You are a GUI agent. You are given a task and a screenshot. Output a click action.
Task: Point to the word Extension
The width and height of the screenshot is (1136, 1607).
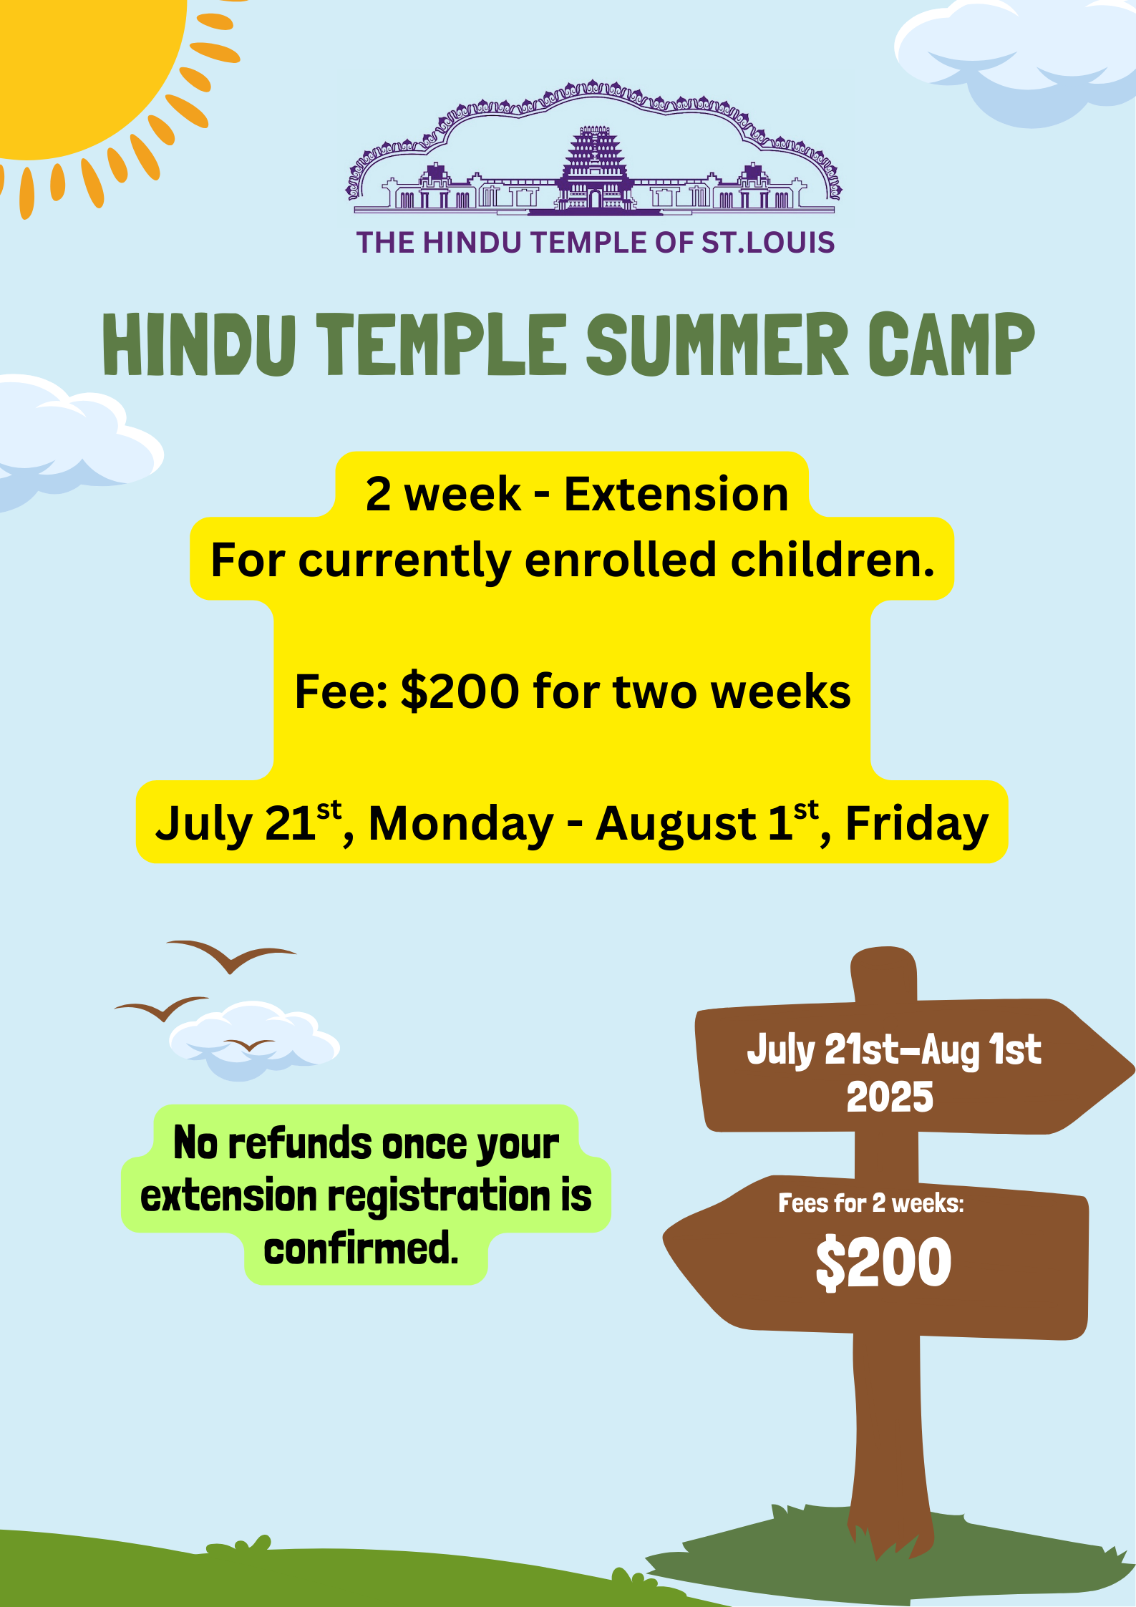(x=676, y=494)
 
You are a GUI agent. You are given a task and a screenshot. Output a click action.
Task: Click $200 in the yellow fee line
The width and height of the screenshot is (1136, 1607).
(x=460, y=691)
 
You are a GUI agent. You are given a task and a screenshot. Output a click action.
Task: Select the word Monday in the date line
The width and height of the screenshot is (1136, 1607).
(x=461, y=824)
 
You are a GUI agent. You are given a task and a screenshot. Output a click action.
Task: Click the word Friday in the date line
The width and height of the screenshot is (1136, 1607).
(x=917, y=824)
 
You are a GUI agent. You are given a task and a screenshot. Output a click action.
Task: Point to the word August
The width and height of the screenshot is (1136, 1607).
(x=676, y=824)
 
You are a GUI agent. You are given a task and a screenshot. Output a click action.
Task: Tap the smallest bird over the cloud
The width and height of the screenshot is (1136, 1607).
(x=249, y=1044)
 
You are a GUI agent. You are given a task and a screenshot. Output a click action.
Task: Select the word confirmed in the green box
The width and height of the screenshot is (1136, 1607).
(x=361, y=1249)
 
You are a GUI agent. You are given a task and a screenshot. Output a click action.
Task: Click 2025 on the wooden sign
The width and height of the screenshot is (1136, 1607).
(x=890, y=1097)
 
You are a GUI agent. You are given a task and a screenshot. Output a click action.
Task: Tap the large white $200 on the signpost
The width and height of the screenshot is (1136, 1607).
(x=883, y=1263)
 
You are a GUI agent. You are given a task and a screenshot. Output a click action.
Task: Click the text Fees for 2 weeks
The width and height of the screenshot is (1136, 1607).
(x=871, y=1203)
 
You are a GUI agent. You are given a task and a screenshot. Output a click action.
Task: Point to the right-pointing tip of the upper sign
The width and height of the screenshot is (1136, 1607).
(x=1134, y=1070)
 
